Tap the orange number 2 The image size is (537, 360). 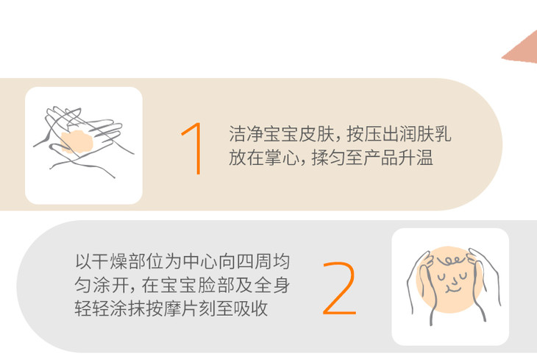(339, 288)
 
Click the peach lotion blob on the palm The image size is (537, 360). (77, 141)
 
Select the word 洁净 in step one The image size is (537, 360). (246, 134)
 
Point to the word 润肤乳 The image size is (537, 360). (424, 134)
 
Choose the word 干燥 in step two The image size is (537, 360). (110, 261)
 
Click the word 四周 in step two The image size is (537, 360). (254, 261)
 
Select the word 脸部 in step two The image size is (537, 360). (218, 285)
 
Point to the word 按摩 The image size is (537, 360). (164, 308)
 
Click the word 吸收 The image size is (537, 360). (251, 308)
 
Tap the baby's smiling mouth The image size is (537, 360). (452, 290)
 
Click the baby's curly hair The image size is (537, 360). (451, 261)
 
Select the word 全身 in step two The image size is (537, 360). (272, 285)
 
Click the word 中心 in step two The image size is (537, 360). (200, 261)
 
